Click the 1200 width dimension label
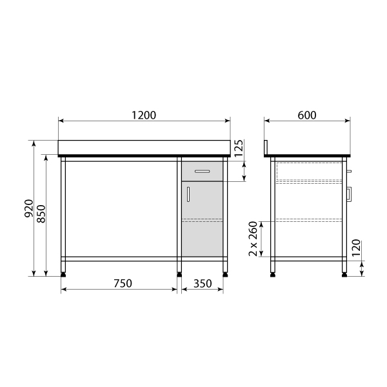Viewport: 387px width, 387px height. coord(144,115)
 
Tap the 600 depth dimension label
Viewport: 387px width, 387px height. coord(307,115)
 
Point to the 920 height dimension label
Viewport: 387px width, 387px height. coord(29,208)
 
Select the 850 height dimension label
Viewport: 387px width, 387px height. coord(41,213)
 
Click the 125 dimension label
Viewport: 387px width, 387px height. coord(239,148)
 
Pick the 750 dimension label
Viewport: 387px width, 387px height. coord(123,283)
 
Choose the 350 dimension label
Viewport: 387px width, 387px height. coord(203,284)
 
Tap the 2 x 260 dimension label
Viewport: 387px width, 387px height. coord(253,239)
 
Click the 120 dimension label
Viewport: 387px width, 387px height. coord(356,248)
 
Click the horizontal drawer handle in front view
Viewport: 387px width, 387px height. coord(202,172)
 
